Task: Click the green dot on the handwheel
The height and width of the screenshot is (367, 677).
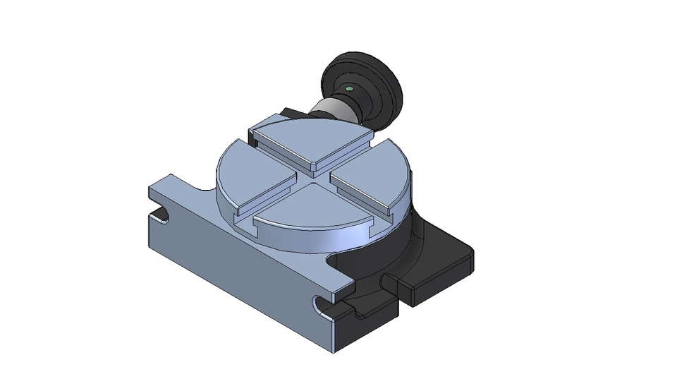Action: [350, 89]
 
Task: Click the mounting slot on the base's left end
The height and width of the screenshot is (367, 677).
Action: [161, 212]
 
